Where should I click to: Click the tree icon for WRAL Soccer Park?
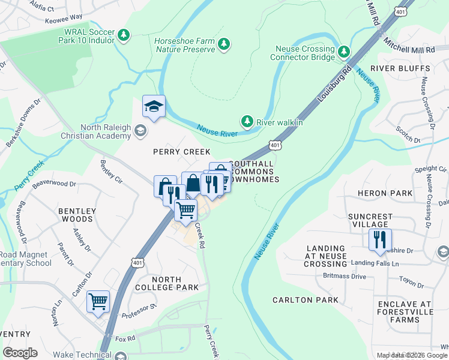pyautogui.click(x=124, y=35)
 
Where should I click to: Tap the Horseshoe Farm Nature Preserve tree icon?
pyautogui.click(x=223, y=44)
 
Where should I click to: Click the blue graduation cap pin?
pyautogui.click(x=154, y=107)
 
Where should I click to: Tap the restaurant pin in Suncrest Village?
pyautogui.click(x=380, y=239)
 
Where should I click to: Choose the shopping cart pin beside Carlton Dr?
pyautogui.click(x=98, y=302)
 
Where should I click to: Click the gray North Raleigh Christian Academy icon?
pyautogui.click(x=139, y=130)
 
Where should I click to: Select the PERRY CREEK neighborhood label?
pyautogui.click(x=181, y=152)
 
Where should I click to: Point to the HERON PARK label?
pyautogui.click(x=393, y=193)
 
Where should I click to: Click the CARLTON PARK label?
pyautogui.click(x=305, y=299)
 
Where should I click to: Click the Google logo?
pyautogui.click(x=20, y=353)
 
